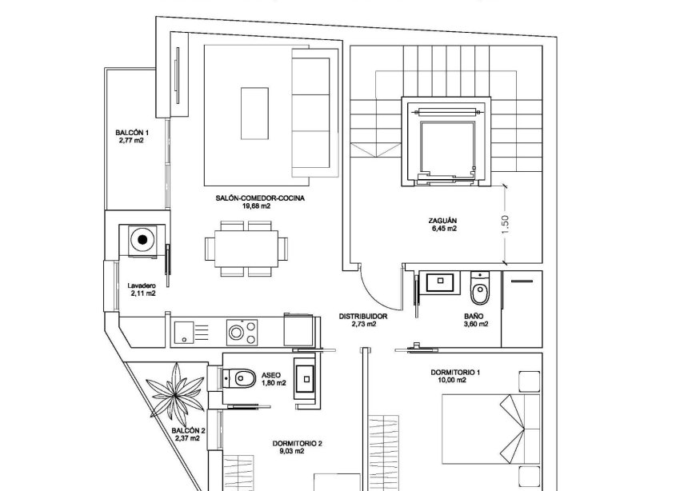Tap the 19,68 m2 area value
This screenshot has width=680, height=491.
point(253,206)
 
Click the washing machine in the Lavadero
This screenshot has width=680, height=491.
point(143,239)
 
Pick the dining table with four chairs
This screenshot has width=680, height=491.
point(246,249)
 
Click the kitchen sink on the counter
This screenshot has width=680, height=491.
point(183,330)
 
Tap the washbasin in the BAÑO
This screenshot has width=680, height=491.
point(440,281)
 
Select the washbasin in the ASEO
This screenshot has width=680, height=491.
point(305,375)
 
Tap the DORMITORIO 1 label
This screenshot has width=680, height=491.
point(454,372)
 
